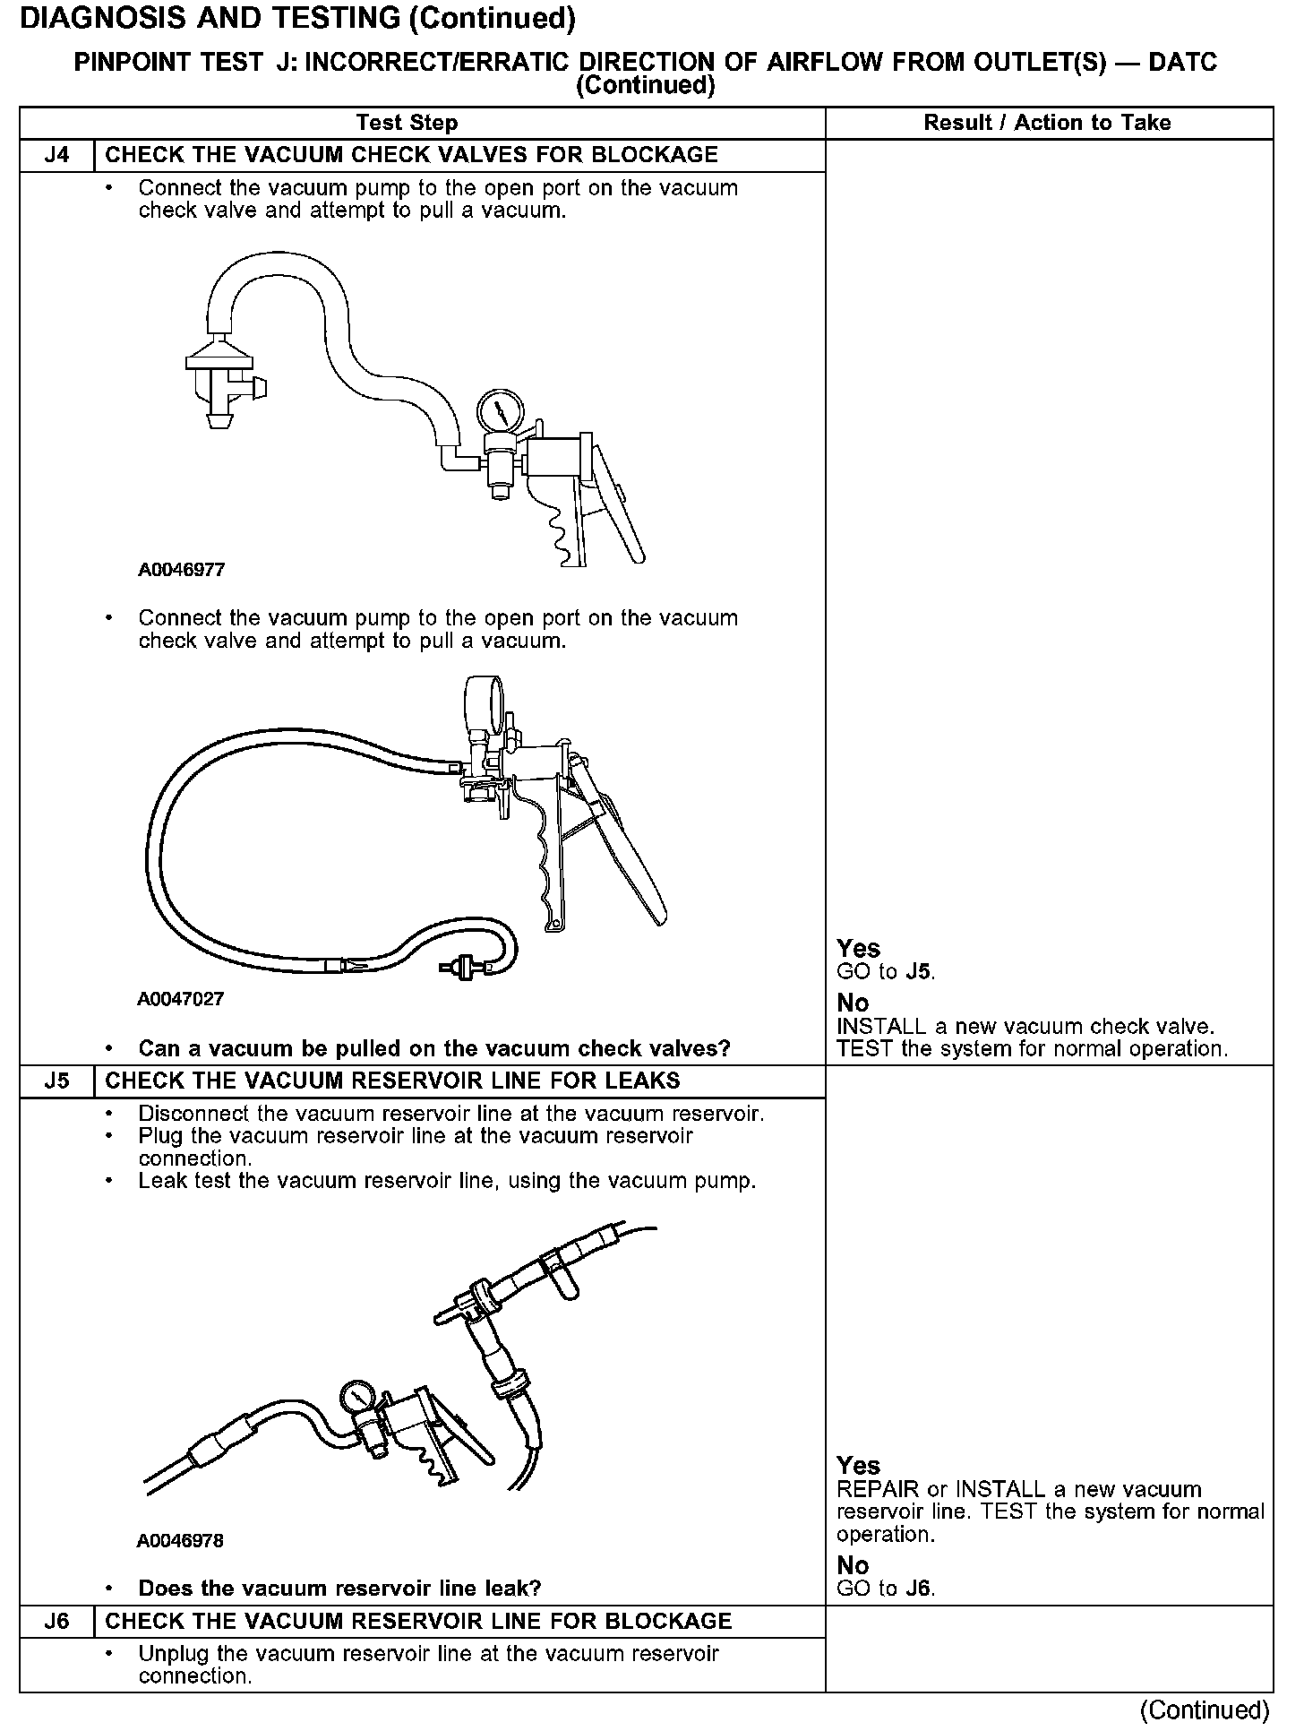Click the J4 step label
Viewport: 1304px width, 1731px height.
click(56, 155)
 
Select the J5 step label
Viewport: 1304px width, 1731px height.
click(56, 1081)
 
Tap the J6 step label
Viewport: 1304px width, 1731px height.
click(56, 1621)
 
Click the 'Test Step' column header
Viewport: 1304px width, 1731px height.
click(407, 123)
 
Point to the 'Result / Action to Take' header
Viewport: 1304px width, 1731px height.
click(1047, 123)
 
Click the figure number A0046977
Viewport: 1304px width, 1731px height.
click(181, 570)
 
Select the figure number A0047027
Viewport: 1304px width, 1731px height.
click(181, 999)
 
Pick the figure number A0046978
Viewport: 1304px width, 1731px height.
click(181, 1541)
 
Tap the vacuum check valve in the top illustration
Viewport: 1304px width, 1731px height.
click(219, 381)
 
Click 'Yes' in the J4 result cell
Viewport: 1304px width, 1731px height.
click(858, 948)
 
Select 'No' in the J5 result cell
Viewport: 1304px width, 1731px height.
click(853, 1565)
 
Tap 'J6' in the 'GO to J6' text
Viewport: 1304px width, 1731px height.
click(918, 1589)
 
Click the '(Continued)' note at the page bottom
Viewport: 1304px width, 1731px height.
click(1205, 1710)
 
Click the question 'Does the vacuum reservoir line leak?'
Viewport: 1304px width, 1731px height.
click(339, 1589)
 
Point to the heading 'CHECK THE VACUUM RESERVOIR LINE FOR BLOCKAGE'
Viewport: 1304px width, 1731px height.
click(418, 1621)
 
